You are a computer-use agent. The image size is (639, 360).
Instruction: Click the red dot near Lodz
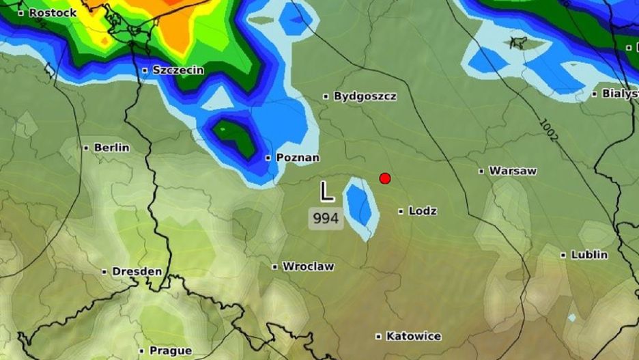385,178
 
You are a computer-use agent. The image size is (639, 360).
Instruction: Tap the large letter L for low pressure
328,191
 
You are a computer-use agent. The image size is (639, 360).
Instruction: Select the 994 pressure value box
326,219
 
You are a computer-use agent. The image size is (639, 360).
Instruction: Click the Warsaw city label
513,171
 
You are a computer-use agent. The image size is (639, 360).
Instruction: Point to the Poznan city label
298,158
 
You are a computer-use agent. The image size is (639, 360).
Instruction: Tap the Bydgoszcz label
365,96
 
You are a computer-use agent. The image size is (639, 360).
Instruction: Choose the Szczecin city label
178,70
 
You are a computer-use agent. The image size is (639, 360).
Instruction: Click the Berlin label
111,148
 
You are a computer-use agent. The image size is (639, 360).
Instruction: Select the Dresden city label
137,271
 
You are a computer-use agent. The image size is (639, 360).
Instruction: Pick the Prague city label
170,351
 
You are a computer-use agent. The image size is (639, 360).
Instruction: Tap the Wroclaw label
308,266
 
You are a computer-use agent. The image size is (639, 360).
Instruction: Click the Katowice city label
413,336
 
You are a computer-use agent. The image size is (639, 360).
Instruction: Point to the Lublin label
589,255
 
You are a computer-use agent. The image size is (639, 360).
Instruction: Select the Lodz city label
423,211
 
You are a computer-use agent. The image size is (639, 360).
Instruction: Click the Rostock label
53,12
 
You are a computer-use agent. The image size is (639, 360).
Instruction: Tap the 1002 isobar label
548,130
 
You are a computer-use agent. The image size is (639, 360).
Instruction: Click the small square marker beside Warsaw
481,171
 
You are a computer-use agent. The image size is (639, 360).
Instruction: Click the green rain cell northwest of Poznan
236,136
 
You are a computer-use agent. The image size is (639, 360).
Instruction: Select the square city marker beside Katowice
378,336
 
